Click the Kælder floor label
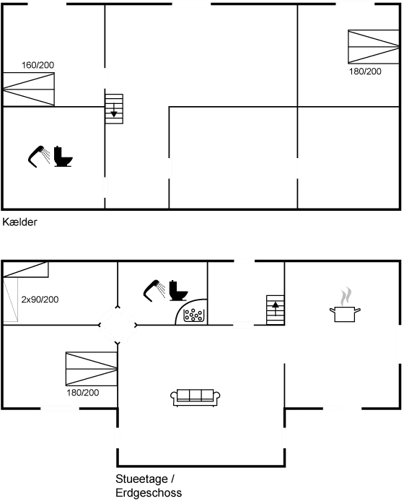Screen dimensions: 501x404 pos(20,222)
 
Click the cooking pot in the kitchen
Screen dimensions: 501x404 pos(345,313)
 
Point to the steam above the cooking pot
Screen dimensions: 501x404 pos(346,295)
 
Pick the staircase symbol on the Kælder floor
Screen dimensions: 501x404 pos(115,109)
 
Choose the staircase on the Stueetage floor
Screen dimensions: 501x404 pos(275,311)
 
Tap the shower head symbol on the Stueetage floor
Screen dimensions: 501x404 pos(165,290)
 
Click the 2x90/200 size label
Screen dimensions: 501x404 pos(39,299)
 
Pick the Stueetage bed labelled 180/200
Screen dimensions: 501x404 pos(91,369)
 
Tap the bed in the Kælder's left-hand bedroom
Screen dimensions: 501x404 pos(29,89)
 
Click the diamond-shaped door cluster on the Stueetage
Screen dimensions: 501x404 pos(118,324)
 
